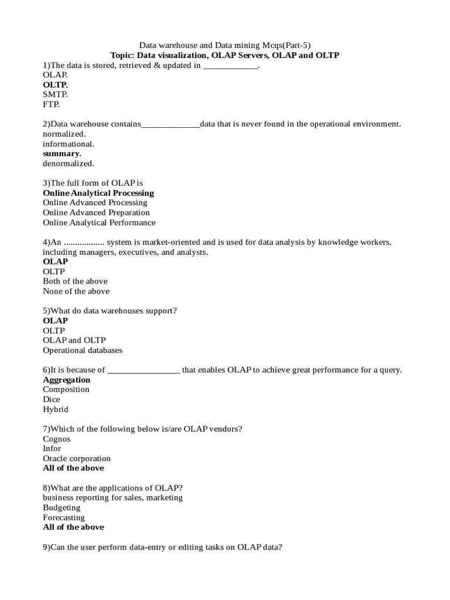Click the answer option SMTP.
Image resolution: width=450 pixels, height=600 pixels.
55,94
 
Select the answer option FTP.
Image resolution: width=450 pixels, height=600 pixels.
51,104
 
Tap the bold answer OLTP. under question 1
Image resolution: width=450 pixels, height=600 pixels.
55,85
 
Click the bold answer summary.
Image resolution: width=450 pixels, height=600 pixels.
62,154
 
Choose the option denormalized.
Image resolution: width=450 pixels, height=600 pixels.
68,163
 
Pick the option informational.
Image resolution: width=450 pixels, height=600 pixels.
68,144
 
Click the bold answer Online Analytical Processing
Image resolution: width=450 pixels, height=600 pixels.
98,193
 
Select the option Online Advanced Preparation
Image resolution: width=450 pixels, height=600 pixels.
96,213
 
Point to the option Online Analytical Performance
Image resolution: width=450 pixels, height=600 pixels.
99,223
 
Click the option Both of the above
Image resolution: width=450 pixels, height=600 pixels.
75,281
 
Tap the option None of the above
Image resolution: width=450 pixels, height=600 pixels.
76,291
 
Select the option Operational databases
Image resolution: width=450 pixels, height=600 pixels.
83,350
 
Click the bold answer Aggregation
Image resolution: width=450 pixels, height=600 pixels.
66,380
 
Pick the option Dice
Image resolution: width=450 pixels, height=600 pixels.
51,400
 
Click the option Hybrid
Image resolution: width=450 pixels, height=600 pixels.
55,410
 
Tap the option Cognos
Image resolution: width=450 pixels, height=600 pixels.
56,439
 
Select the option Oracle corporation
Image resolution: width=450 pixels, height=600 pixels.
77,459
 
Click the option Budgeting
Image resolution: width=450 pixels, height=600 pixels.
62,508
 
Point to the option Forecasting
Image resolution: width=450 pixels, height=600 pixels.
64,518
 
